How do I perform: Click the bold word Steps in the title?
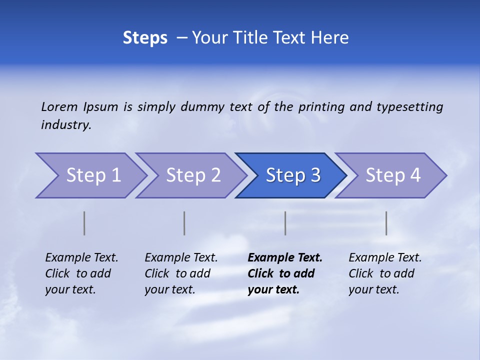(x=145, y=38)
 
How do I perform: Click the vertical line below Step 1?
(x=84, y=223)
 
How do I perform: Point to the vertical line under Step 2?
(x=184, y=223)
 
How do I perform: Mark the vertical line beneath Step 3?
(x=285, y=223)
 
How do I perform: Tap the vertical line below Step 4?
(x=386, y=223)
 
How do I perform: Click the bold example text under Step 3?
(x=284, y=273)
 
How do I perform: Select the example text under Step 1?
(x=81, y=273)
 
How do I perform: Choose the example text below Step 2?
(x=180, y=273)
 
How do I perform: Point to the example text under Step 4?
(x=384, y=273)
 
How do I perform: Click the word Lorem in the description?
(x=59, y=106)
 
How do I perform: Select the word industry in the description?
(x=65, y=125)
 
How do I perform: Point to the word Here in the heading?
(x=330, y=38)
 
